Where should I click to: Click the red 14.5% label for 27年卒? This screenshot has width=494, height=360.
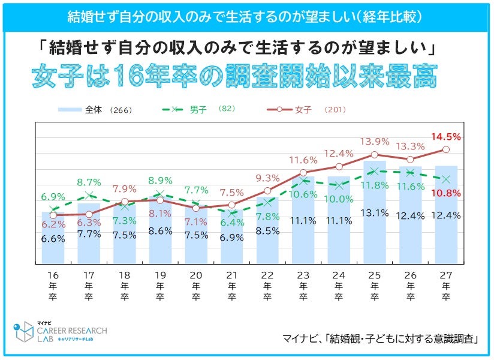pos(446,137)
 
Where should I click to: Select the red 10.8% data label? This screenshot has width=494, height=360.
pos(446,193)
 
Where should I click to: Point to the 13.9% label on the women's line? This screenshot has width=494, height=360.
pos(375,142)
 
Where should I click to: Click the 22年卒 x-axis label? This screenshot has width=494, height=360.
pos(267,288)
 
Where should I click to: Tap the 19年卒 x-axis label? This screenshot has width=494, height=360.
pos(160,288)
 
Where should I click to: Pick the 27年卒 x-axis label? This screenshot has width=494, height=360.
pos(446,288)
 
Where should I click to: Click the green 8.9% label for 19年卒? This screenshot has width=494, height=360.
pos(160,180)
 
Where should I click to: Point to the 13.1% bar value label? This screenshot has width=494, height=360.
pos(375,211)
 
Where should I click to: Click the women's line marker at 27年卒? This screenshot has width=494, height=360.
pos(446,149)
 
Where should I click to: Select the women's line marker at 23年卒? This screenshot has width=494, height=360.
pos(303,173)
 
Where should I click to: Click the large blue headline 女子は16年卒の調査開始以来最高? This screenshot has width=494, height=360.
pos(234,78)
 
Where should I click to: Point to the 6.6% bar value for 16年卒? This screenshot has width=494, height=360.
pos(53,238)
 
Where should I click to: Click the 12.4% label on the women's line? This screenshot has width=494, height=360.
pos(339,154)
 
